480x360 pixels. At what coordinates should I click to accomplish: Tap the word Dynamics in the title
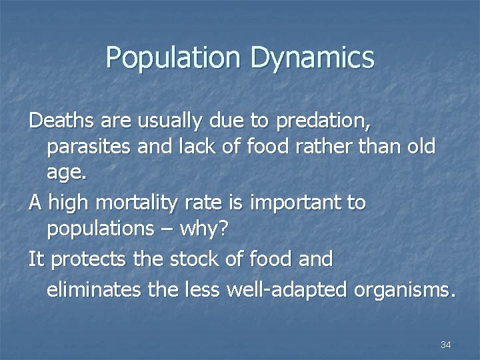(312, 59)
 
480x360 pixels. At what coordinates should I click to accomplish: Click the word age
(66, 175)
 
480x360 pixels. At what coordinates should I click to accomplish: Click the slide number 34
(446, 345)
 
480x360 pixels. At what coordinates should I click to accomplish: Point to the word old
(421, 147)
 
